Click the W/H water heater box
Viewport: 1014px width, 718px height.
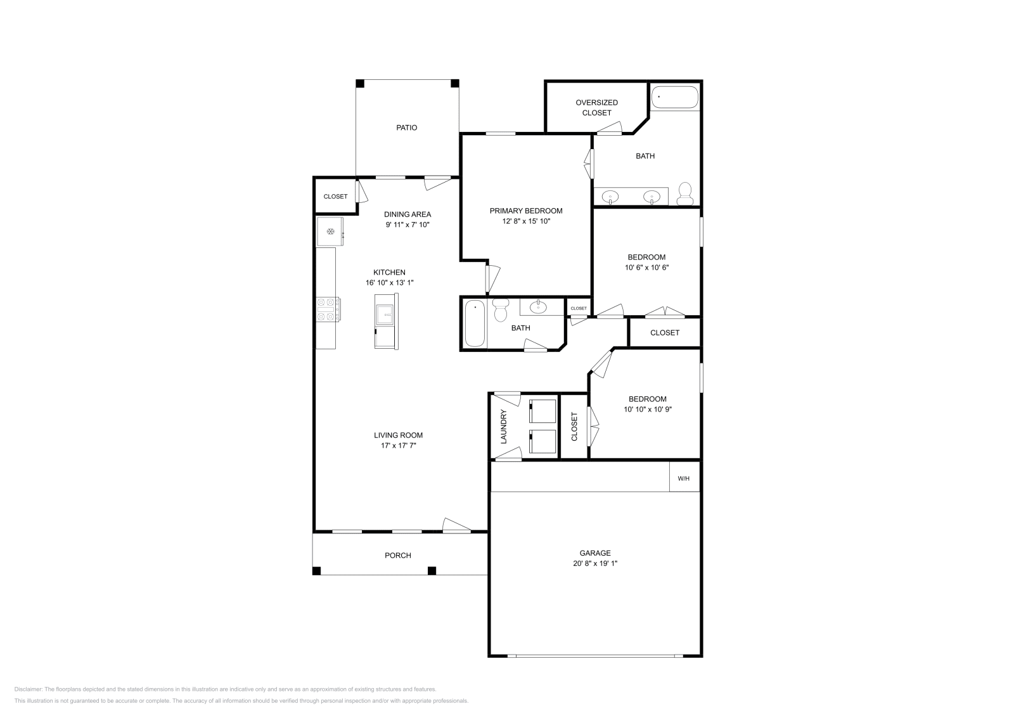click(x=684, y=478)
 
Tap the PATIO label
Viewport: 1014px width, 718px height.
click(x=406, y=127)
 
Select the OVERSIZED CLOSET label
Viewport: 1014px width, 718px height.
click(x=596, y=107)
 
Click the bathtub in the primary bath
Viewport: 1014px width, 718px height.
click(x=675, y=98)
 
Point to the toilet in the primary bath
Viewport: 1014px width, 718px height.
click(x=684, y=193)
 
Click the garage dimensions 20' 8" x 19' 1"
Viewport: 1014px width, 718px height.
click(x=594, y=563)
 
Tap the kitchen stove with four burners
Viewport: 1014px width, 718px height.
click(x=328, y=310)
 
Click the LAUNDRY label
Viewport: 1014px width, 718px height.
click(x=504, y=426)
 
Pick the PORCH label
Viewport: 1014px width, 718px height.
click(x=398, y=555)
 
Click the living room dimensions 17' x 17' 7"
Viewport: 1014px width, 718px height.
click(x=398, y=445)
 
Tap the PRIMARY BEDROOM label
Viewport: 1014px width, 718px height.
click(x=525, y=211)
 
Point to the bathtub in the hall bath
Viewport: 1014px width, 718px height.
click(x=475, y=323)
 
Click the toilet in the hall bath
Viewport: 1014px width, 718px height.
click(x=501, y=310)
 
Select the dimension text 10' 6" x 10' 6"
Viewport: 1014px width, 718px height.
click(x=646, y=267)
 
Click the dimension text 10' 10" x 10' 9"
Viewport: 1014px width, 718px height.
click(x=647, y=409)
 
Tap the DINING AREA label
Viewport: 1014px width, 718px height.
click(x=408, y=214)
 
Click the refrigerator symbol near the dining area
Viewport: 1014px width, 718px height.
click(x=330, y=232)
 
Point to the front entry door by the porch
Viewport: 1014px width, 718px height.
click(x=456, y=525)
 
